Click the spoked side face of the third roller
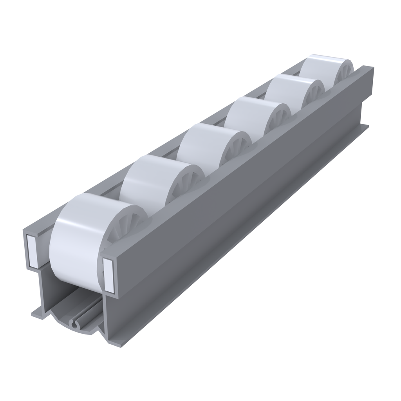[x=235, y=151]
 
